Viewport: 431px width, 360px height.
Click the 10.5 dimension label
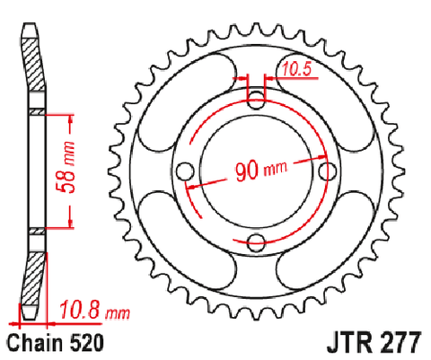point(296,69)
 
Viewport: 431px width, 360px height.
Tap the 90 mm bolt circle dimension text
point(261,171)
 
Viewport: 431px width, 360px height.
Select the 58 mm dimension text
point(66,167)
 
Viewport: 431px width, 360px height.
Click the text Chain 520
point(56,343)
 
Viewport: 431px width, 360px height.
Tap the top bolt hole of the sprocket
point(257,100)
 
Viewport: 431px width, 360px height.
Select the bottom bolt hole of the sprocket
point(257,242)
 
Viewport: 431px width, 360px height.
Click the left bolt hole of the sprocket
point(185,171)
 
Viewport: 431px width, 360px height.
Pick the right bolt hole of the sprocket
point(328,171)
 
